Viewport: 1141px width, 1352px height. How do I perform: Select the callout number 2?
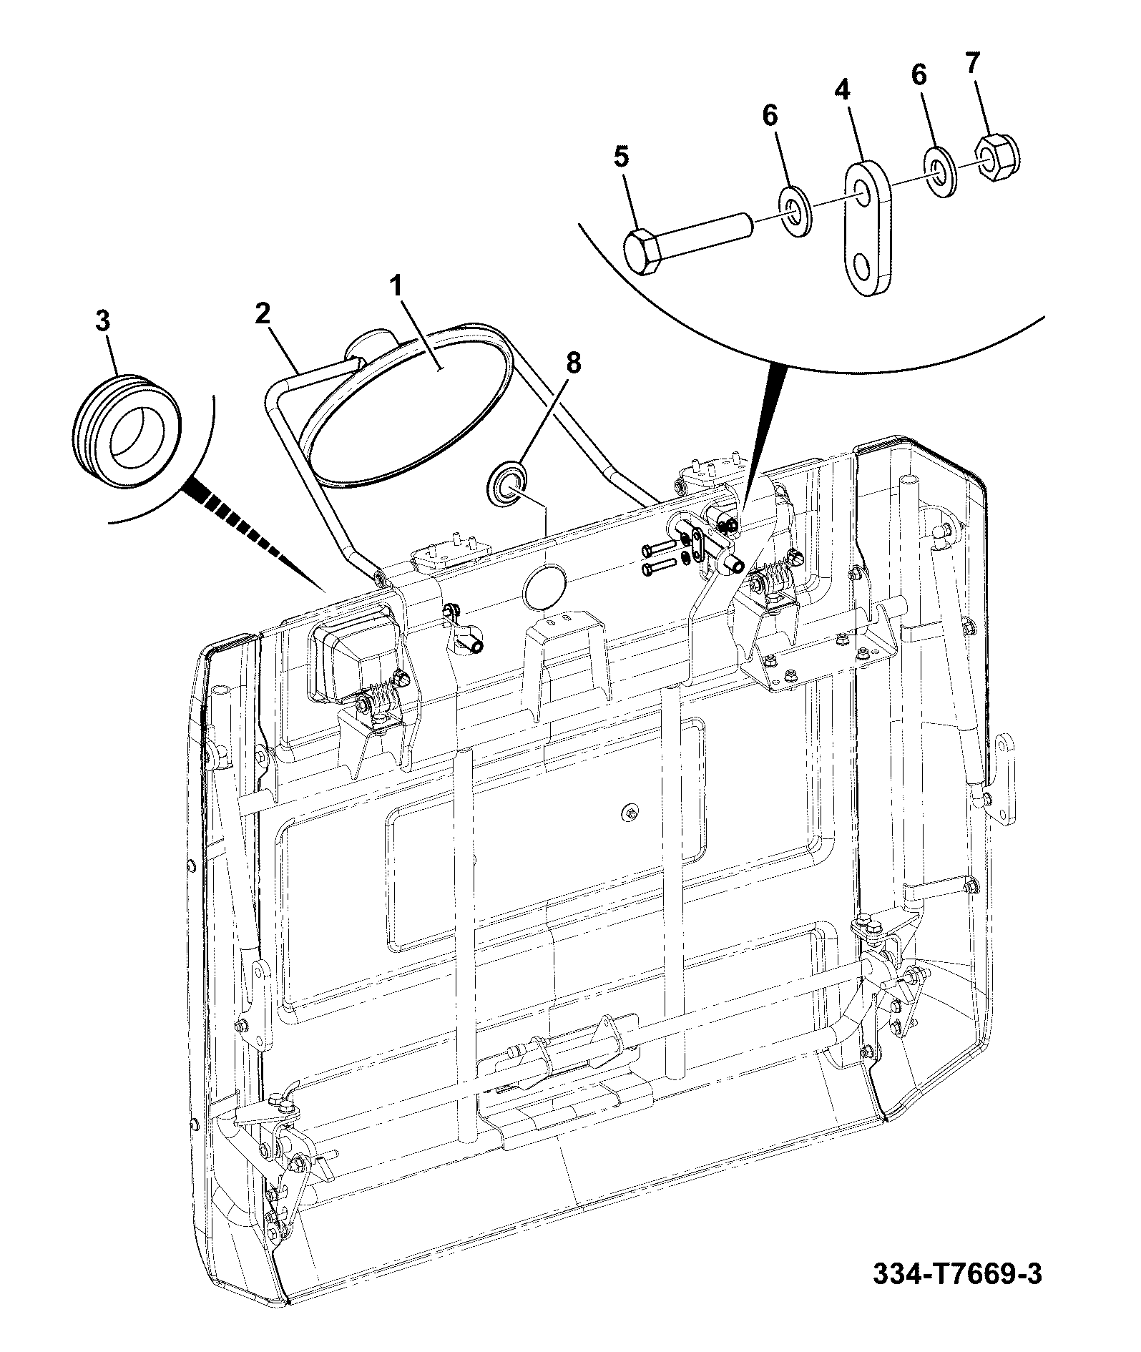point(263,313)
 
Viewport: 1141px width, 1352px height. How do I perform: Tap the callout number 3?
point(103,321)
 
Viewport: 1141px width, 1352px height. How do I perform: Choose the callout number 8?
point(574,363)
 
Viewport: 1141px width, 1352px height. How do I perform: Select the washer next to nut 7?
point(942,171)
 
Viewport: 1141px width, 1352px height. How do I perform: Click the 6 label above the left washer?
point(770,116)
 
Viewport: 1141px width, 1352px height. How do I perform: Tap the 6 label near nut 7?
point(919,74)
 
